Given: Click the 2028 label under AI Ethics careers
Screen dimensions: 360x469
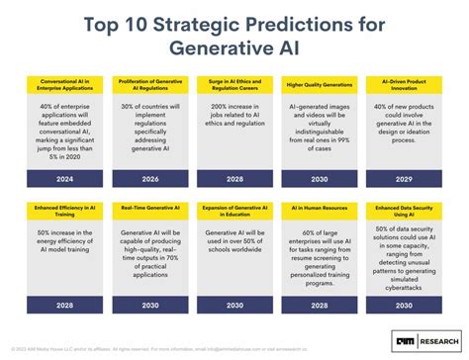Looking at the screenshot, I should pos(234,179).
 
